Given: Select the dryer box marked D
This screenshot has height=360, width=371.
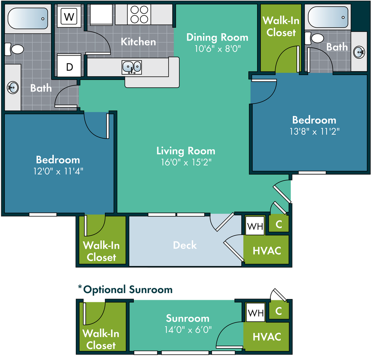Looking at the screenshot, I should [x=69, y=67].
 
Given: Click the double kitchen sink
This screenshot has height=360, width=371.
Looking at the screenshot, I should [x=132, y=67].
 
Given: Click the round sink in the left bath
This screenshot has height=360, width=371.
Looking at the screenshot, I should [x=12, y=88].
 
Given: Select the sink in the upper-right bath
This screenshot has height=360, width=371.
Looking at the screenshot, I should [x=359, y=52].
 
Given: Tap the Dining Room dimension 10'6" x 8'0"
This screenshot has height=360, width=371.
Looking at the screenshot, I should [x=217, y=48].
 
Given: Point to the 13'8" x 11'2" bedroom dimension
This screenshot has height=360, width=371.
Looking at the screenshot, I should [x=314, y=131].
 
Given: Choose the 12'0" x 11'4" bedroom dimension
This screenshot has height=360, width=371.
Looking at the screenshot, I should [x=58, y=171].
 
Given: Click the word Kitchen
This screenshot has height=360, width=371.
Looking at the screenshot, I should [x=138, y=42].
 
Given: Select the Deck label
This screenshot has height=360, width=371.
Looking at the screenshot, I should [x=185, y=245].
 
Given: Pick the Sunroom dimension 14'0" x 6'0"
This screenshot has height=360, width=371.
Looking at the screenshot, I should [x=188, y=330].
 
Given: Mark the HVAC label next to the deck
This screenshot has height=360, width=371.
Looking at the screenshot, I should [x=267, y=250].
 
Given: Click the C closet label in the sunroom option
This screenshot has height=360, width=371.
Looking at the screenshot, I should [x=278, y=311].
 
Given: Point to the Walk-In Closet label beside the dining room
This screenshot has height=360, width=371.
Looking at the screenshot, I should [x=279, y=26].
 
